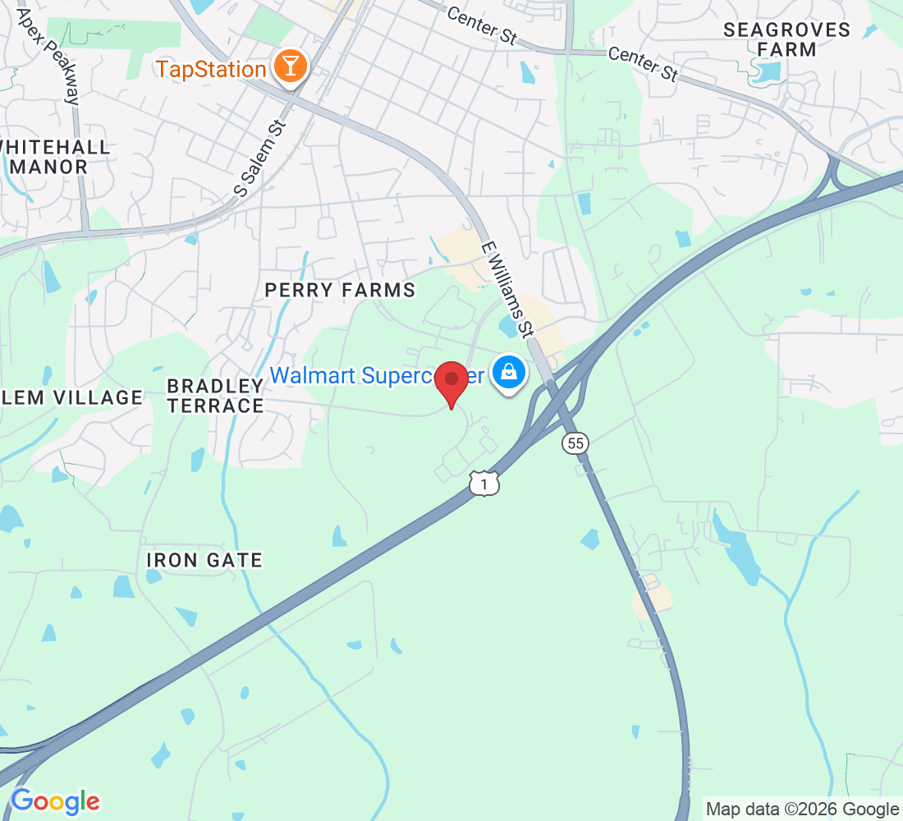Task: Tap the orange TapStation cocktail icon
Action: coord(289,67)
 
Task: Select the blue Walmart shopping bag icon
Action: coord(510,374)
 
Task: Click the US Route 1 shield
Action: coord(484,484)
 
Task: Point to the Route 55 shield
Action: coord(575,443)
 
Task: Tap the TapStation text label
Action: coord(211,69)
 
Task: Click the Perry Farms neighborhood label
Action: coord(340,290)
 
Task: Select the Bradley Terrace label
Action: coord(215,395)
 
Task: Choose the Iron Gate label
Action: coord(204,560)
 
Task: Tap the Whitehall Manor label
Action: coord(54,157)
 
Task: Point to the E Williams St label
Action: coord(507,288)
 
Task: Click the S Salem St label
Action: coord(259,158)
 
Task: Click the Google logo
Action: coord(55,801)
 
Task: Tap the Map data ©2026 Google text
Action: coord(802,810)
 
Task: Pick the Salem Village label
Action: coord(71,397)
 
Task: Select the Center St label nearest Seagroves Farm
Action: coord(643,63)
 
